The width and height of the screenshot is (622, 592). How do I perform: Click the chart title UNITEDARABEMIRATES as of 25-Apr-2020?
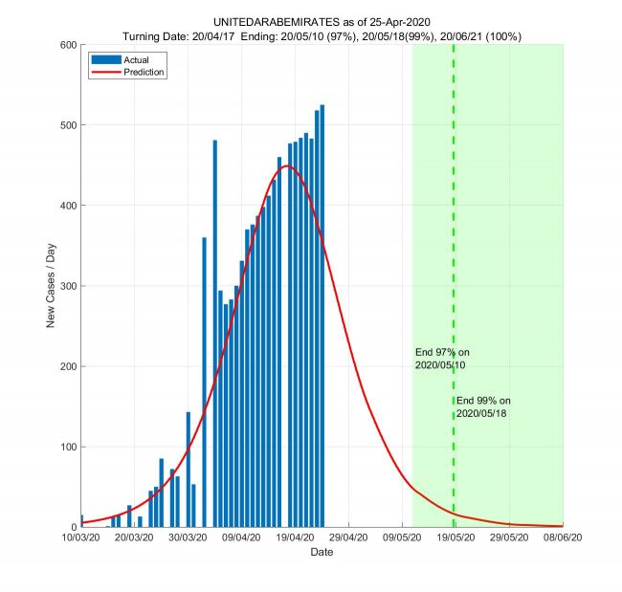(x=322, y=22)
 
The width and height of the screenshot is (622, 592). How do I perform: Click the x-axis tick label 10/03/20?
(x=81, y=538)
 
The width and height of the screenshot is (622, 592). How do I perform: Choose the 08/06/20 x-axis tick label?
(x=563, y=538)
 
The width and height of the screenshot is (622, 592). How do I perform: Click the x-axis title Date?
(x=322, y=553)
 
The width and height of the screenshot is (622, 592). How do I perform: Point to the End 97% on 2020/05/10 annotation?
(x=442, y=359)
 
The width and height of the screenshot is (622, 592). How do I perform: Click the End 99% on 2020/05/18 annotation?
(x=484, y=406)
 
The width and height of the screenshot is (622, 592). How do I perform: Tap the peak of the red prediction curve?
(x=285, y=166)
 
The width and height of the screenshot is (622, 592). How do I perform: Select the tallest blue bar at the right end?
(x=322, y=316)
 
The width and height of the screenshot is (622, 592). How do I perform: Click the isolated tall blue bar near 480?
(x=214, y=334)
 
